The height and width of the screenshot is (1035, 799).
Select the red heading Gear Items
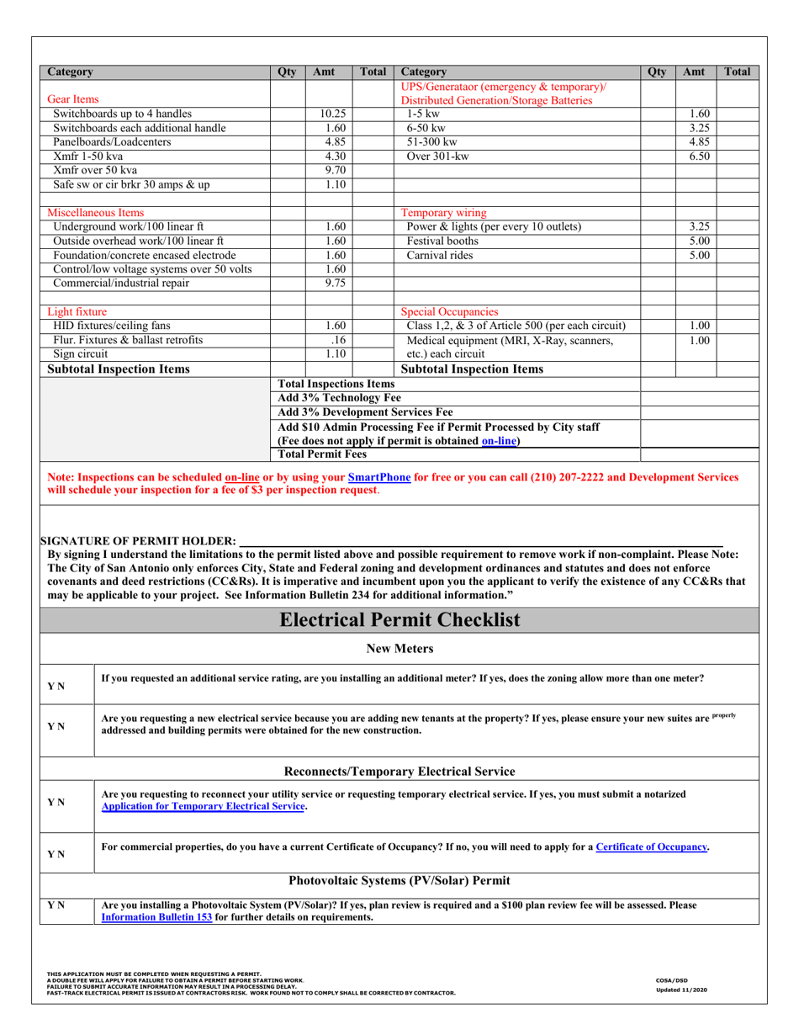72,99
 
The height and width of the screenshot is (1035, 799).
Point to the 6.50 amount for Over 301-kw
700,157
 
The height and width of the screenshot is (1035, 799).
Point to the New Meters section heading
399,648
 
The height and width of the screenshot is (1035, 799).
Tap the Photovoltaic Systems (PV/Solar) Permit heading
399,881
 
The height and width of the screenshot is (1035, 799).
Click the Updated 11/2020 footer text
681,990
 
